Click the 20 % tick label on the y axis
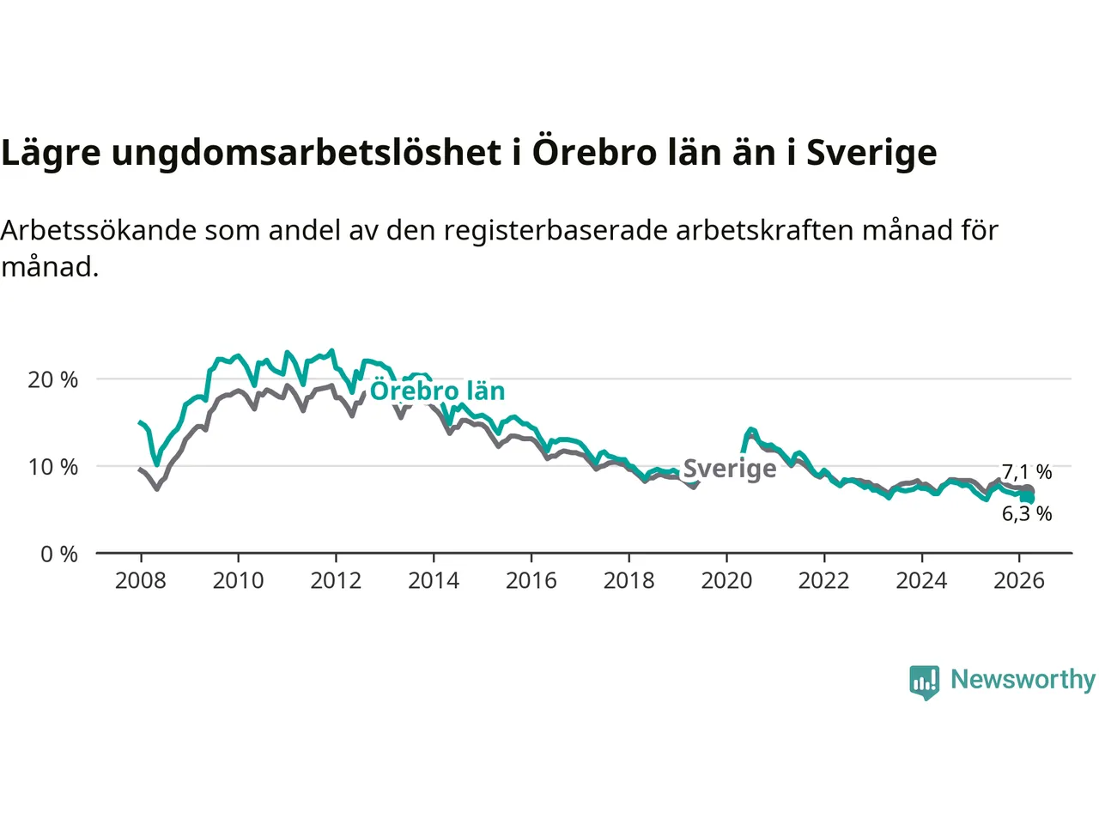(52, 379)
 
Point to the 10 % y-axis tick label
(52, 467)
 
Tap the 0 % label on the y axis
(58, 554)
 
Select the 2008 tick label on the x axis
(140, 581)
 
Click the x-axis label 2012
(336, 581)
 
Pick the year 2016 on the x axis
(531, 581)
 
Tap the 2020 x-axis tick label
(726, 581)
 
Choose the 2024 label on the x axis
(921, 581)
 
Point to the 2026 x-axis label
(1019, 581)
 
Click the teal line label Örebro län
(437, 391)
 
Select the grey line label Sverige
(730, 469)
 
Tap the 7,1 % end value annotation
(1027, 472)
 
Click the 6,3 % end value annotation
(1027, 514)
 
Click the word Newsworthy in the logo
(1023, 680)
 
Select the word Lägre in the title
(51, 153)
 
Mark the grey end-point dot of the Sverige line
(1029, 490)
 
